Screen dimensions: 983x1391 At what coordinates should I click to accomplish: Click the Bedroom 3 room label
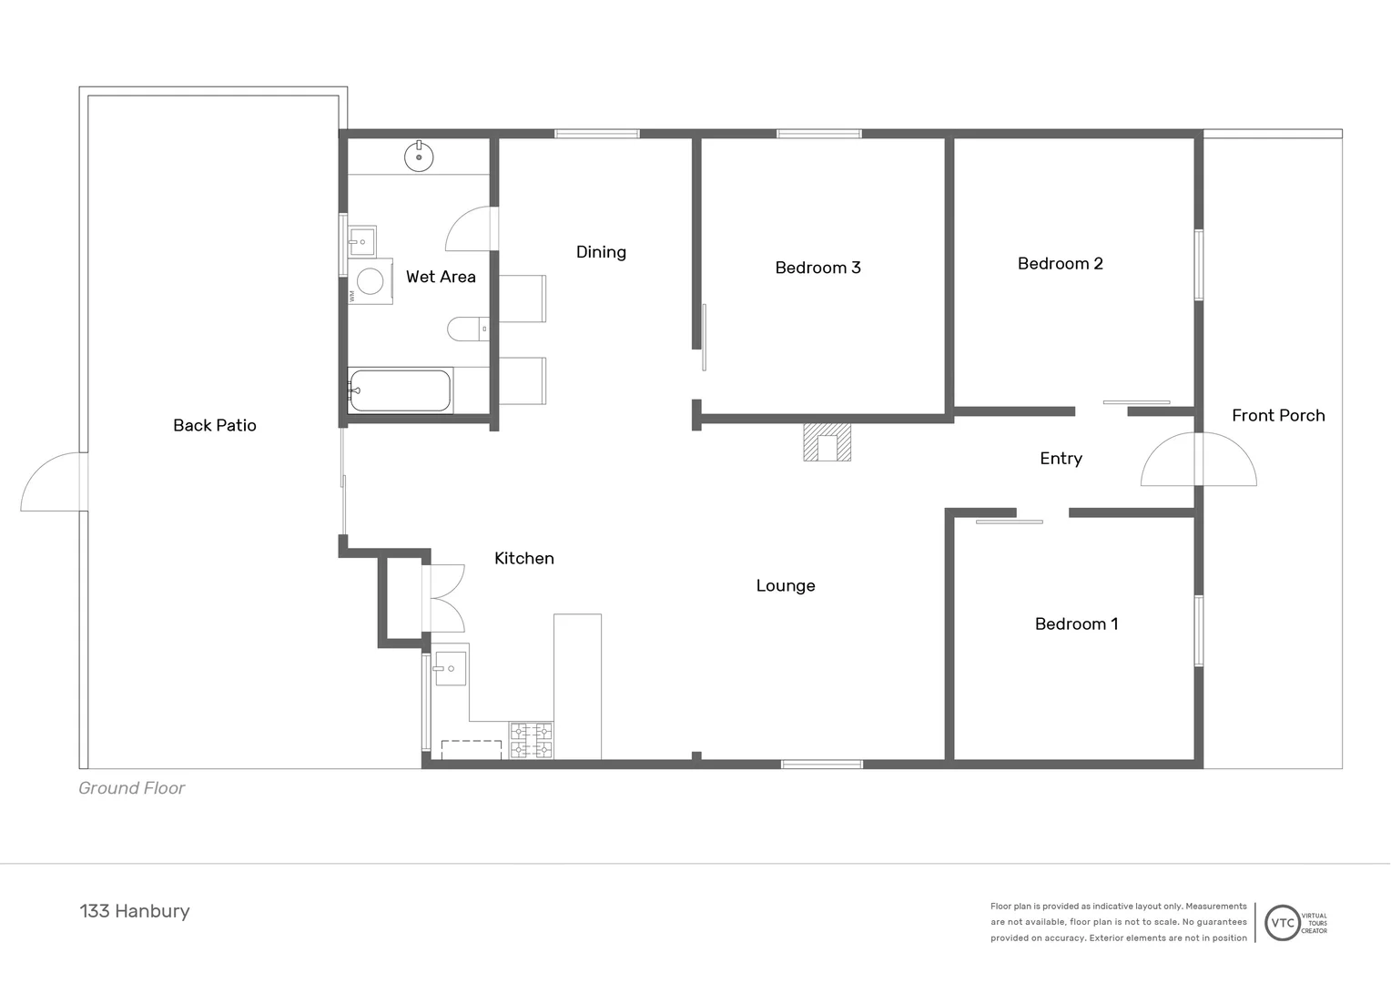pyautogui.click(x=817, y=268)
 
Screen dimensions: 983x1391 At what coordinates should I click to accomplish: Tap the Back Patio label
pyautogui.click(x=215, y=425)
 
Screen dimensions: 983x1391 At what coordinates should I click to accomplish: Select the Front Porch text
pyautogui.click(x=1277, y=415)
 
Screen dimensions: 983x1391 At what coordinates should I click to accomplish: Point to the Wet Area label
pyautogui.click(x=441, y=277)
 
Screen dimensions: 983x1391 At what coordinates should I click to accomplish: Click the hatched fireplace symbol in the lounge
pyautogui.click(x=827, y=442)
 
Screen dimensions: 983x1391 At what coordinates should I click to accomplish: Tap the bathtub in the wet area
pyautogui.click(x=401, y=390)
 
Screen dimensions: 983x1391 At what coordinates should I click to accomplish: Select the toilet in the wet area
pyautogui.click(x=467, y=329)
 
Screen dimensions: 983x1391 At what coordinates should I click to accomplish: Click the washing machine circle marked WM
pyautogui.click(x=370, y=281)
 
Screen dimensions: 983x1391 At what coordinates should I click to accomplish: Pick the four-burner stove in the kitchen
pyautogui.click(x=531, y=740)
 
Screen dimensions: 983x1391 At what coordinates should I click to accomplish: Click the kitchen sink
pyautogui.click(x=450, y=669)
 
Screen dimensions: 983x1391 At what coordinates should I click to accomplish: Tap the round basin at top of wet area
pyautogui.click(x=419, y=157)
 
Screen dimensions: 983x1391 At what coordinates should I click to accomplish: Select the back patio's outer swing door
pyautogui.click(x=53, y=482)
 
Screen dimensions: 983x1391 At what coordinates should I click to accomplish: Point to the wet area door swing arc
pyautogui.click(x=469, y=229)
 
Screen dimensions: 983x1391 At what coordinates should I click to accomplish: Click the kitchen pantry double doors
pyautogui.click(x=445, y=598)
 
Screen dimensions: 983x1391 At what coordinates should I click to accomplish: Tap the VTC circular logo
pyautogui.click(x=1283, y=922)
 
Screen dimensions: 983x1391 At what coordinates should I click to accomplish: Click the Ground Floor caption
pyautogui.click(x=132, y=788)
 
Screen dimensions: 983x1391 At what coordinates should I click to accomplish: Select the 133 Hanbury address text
pyautogui.click(x=135, y=911)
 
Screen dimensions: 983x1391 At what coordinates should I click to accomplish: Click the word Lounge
pyautogui.click(x=786, y=586)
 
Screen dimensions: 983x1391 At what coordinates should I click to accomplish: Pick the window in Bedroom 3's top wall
pyautogui.click(x=818, y=134)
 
